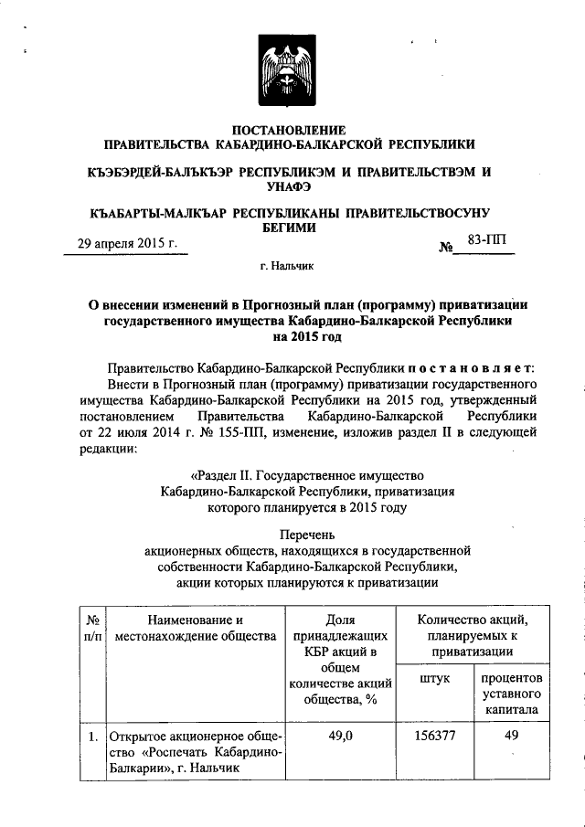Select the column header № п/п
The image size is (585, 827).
point(91,629)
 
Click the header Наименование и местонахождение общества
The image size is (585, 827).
point(190,629)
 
